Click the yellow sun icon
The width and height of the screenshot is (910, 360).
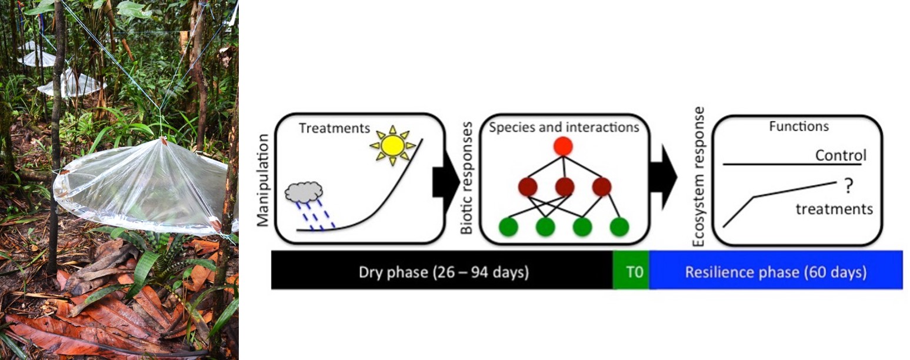coord(393,145)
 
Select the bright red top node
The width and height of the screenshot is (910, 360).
coord(563,146)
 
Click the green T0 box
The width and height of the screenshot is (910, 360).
coord(631,271)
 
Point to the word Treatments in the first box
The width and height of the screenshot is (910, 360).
coord(334,128)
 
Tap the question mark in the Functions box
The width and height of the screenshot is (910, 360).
coord(848,186)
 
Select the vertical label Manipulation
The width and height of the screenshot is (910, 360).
coord(264,180)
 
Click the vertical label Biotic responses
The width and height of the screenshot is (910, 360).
coord(466,178)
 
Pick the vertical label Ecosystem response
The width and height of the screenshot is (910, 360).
coord(698,176)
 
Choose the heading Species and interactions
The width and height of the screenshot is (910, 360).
coord(564,128)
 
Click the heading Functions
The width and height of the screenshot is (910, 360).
coord(799,126)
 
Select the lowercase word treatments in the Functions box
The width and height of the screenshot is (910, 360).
coord(834,209)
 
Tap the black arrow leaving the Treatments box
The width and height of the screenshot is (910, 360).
coord(446,182)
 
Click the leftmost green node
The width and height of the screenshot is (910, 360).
coord(508,226)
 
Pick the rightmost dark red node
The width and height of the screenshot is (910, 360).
coord(601,187)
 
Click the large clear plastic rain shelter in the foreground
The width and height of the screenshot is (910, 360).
coord(142,187)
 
